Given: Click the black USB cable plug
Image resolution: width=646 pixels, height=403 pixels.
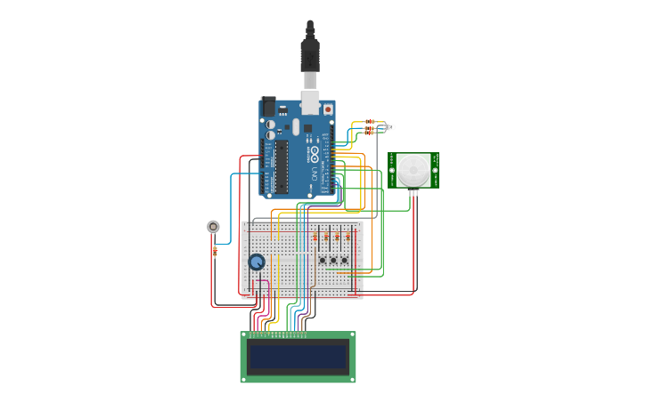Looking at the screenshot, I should click(x=309, y=53).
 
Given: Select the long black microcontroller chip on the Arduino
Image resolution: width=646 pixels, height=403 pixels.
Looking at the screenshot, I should click(x=282, y=166).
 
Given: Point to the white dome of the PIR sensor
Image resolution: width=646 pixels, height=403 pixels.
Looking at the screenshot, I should click(x=413, y=169).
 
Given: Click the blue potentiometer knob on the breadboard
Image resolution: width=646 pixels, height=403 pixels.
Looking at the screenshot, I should click(x=257, y=262).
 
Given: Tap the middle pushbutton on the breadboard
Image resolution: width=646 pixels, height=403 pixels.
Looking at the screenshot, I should click(x=334, y=260).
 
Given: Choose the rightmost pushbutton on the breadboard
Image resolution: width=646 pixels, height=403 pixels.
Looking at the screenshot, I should click(x=346, y=260).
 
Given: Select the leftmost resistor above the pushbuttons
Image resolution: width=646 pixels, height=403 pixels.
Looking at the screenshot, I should click(x=316, y=238).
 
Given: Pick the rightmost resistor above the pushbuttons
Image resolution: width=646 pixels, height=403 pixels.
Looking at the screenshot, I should click(x=347, y=238).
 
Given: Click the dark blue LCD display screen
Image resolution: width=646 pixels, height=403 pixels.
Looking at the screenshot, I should click(x=298, y=358).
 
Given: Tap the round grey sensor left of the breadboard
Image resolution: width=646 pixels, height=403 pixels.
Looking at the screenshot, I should click(x=213, y=226).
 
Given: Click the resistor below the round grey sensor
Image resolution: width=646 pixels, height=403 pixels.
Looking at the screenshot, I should click(x=215, y=251).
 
